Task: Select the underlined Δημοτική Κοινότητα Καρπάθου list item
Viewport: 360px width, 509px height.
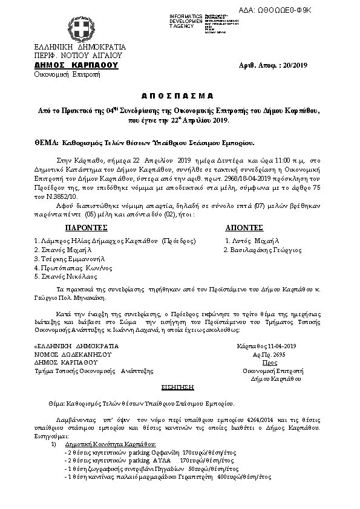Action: point(106,444)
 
